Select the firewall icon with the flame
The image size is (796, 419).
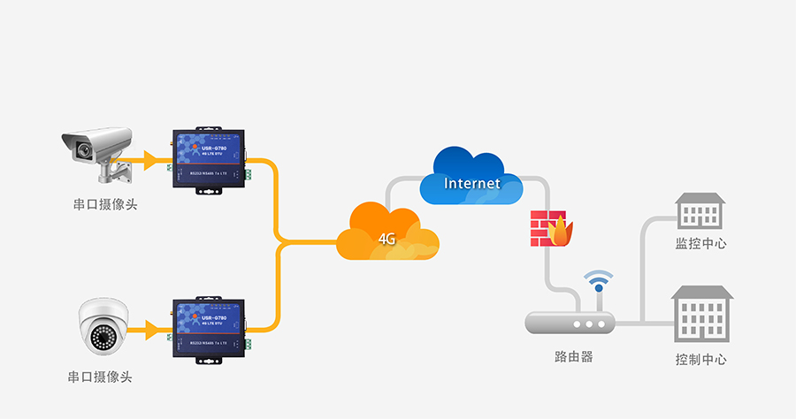(550, 230)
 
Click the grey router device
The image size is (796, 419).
(570, 323)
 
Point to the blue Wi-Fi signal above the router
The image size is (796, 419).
(599, 282)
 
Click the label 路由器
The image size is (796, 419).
(568, 357)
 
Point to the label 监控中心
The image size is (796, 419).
(700, 243)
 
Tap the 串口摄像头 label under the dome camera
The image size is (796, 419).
(100, 377)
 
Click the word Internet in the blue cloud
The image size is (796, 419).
(471, 184)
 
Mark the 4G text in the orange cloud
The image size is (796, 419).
(387, 240)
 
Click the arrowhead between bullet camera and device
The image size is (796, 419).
(150, 160)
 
